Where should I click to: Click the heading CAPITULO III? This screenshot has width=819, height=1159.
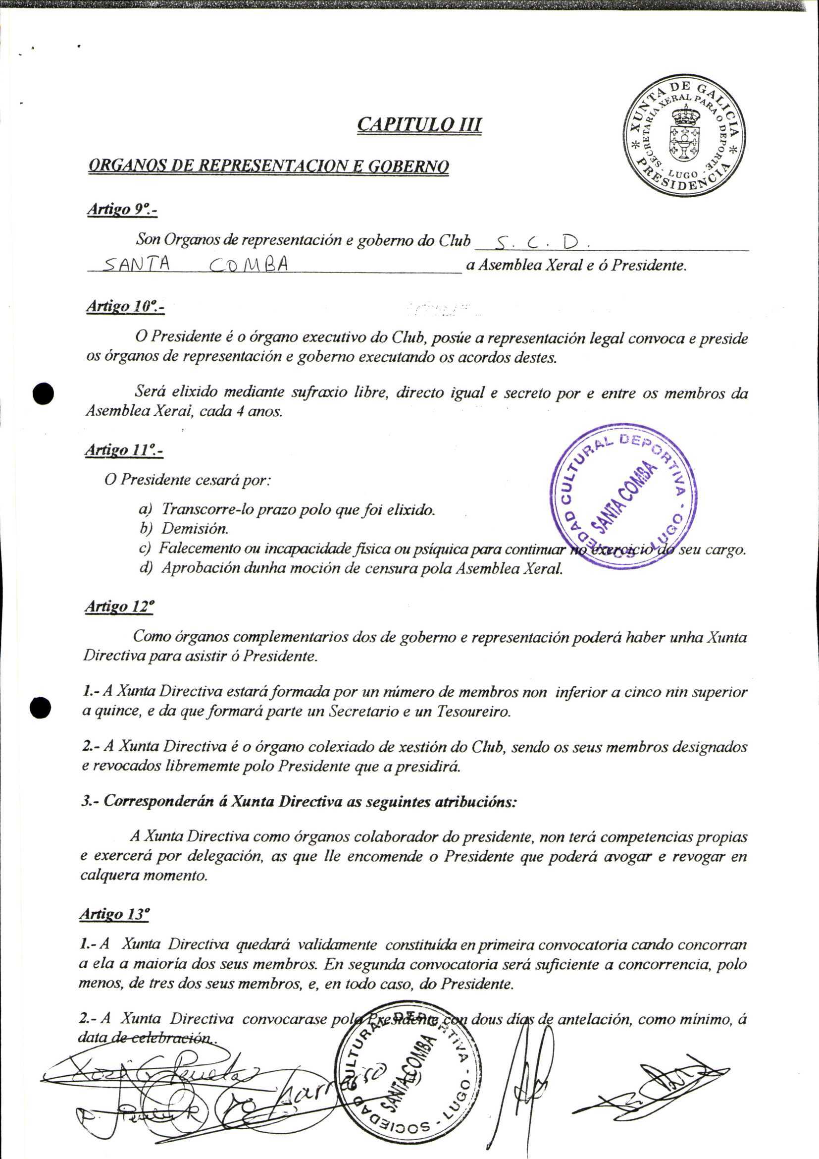point(419,124)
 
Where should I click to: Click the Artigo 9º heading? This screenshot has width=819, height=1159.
point(122,209)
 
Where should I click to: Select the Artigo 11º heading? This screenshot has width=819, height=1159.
point(124,449)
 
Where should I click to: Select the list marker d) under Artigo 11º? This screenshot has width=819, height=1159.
point(146,568)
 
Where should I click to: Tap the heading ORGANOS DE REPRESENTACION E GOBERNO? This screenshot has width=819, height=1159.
point(268,166)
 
